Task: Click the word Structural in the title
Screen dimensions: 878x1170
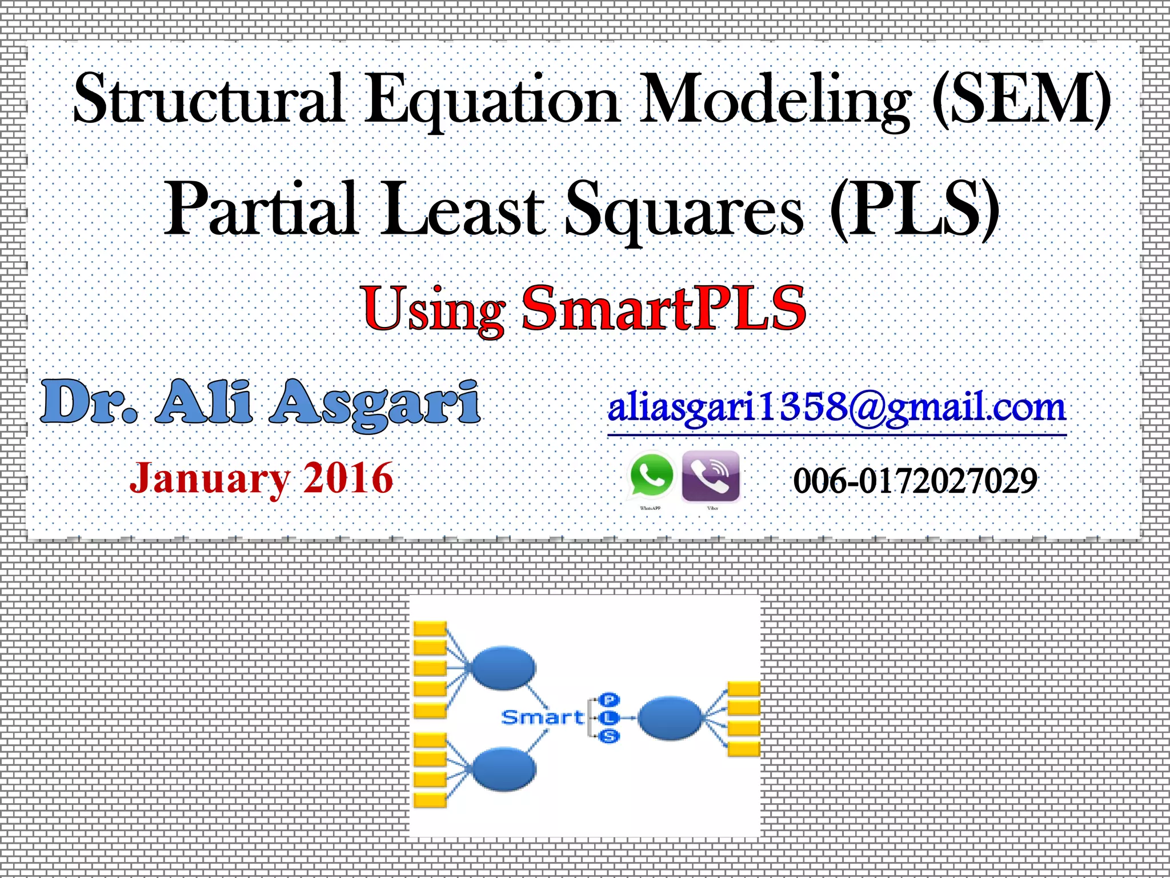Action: (x=209, y=98)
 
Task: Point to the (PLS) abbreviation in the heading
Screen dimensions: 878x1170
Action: (x=914, y=209)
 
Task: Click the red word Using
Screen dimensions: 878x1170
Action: (x=434, y=310)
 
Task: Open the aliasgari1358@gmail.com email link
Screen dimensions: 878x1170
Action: (x=836, y=409)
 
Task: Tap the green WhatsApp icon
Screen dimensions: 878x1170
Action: (x=651, y=476)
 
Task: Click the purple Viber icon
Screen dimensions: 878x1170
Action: (x=711, y=476)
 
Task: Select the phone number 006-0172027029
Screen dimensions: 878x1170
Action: (x=915, y=481)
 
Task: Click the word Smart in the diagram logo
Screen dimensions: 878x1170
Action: (x=542, y=717)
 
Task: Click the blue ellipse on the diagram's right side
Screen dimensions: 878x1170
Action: (x=670, y=718)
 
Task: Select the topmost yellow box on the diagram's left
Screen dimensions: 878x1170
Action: (x=430, y=629)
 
